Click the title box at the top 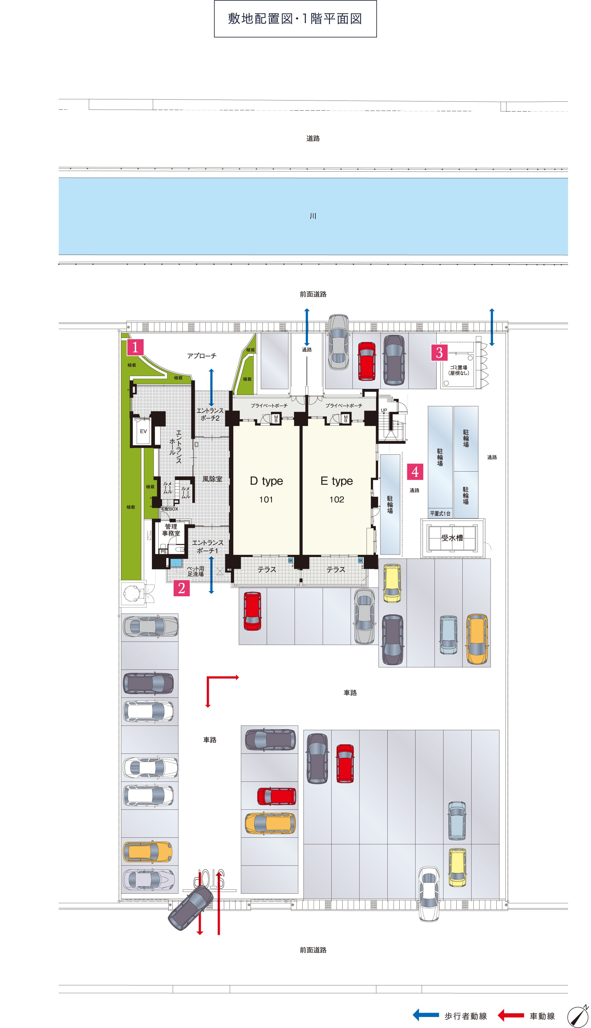coord(295,19)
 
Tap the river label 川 coord(313,216)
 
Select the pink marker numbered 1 coord(135,347)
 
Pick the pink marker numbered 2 coord(182,588)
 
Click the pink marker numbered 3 coord(439,353)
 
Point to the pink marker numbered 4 coord(415,472)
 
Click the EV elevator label coord(143,431)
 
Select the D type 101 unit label coord(266,489)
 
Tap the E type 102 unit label coord(337,489)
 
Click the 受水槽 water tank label coord(452,538)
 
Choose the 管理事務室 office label coord(171,530)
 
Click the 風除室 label coord(212,479)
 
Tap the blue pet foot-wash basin coord(176,563)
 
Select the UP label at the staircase coord(384,410)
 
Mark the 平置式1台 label coord(440,514)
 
